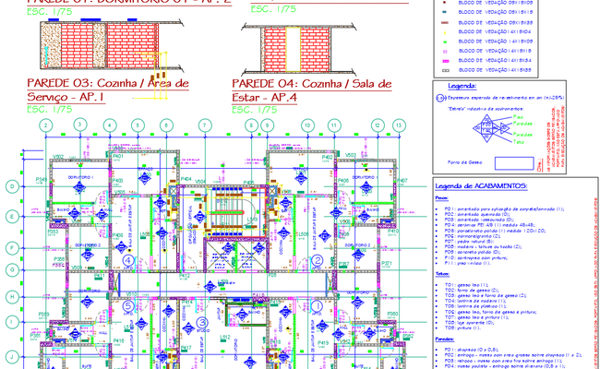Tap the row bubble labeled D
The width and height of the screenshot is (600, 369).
tap(11, 187)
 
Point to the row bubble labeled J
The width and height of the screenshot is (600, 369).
tap(11, 354)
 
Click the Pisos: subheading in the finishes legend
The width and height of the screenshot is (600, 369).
tap(441, 196)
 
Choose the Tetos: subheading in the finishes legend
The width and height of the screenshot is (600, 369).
tap(442, 275)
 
